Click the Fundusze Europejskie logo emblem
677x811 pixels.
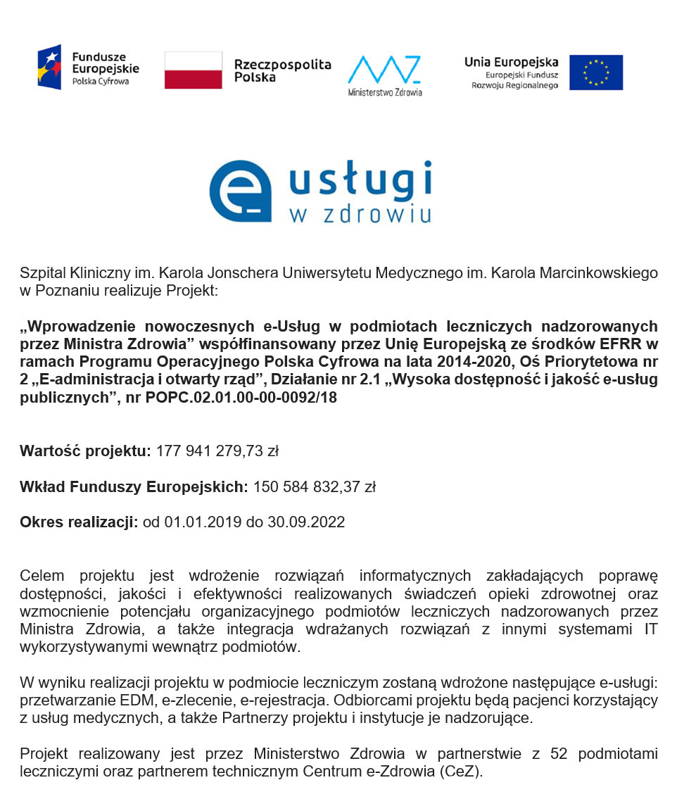(49, 67)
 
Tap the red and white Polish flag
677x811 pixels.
(193, 70)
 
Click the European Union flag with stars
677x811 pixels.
(595, 73)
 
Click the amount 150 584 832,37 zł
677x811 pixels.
(314, 486)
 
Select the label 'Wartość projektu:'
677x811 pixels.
(85, 451)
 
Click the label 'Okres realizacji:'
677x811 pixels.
(79, 522)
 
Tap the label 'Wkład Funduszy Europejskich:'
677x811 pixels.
(134, 486)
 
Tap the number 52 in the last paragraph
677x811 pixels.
(559, 754)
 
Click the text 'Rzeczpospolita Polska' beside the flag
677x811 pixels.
(282, 70)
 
